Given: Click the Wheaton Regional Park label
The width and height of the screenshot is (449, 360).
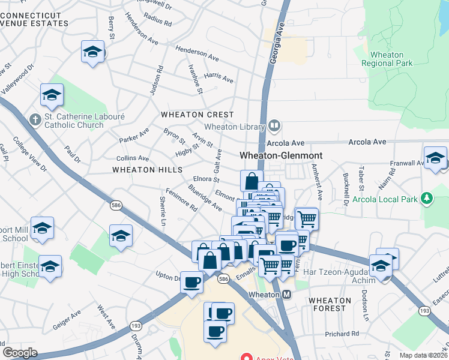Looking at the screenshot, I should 387,59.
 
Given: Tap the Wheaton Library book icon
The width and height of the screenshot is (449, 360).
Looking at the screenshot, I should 274,125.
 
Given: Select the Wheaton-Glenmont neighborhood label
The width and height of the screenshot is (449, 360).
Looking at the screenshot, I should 281,155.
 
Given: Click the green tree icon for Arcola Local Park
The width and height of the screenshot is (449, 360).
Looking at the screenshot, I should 427,197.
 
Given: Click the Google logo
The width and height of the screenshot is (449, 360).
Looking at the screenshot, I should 20,352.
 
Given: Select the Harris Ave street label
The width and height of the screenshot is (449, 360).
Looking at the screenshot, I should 218,77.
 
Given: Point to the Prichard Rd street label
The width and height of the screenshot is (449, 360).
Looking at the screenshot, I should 342,333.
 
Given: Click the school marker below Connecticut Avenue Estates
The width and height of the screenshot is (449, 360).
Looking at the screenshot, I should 93,53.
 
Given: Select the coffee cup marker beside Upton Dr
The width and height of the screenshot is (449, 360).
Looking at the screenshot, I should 192,282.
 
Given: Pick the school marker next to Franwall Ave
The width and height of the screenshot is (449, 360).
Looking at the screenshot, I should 435,159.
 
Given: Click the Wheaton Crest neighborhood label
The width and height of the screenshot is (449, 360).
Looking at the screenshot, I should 197,115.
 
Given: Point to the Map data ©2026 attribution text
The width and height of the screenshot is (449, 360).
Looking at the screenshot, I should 423,355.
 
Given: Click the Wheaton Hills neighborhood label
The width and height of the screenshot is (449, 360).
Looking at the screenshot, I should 147,170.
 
